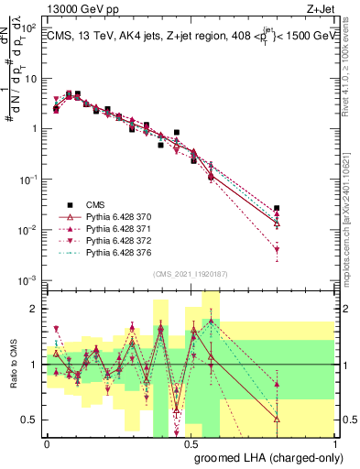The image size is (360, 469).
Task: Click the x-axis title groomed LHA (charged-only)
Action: pos(284,458)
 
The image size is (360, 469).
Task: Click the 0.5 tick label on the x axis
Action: pos(191,443)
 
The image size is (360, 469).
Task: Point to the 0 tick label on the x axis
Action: pos(48,443)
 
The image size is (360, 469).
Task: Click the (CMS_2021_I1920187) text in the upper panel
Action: pos(190,273)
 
